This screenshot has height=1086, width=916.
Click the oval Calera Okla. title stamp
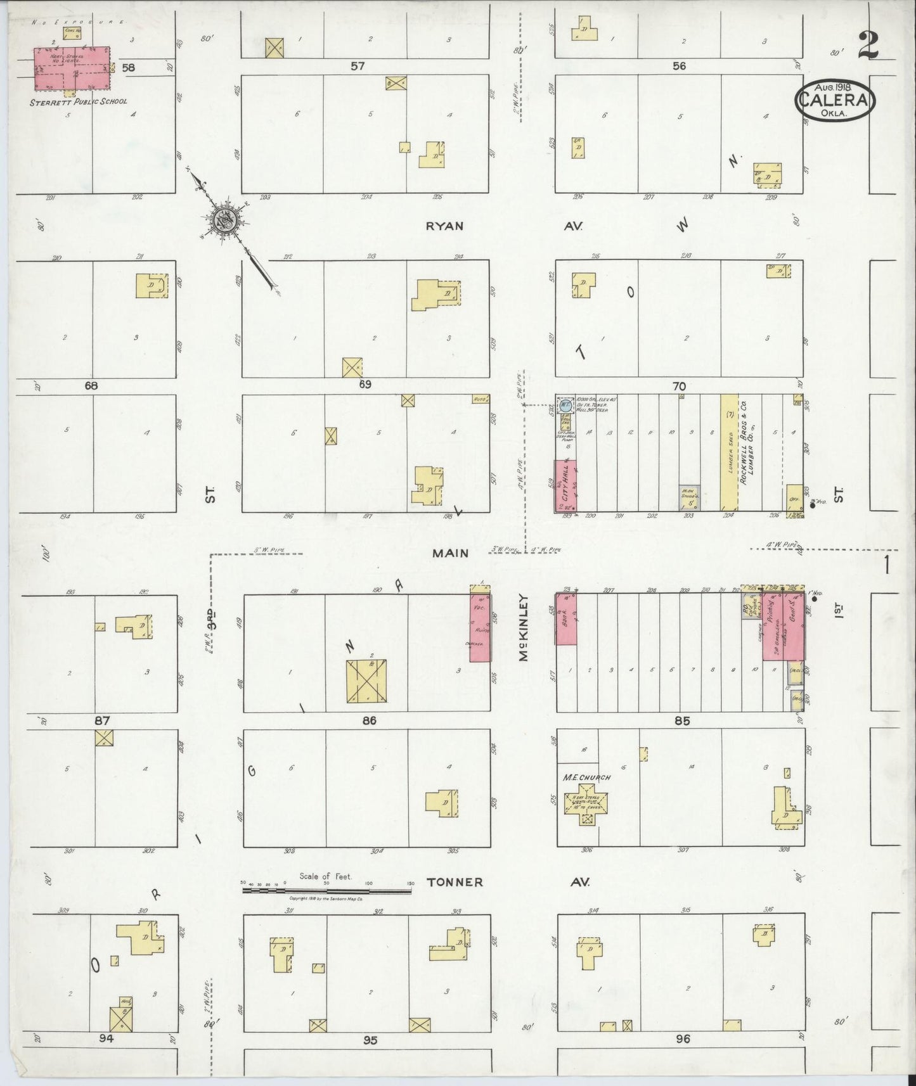click(835, 99)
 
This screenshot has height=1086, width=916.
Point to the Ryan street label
click(444, 226)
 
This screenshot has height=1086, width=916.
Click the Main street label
click(450, 553)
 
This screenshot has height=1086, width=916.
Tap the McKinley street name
click(524, 627)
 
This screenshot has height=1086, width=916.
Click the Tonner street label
click(455, 882)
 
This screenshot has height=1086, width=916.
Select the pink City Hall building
click(566, 486)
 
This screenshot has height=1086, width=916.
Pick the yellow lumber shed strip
click(729, 452)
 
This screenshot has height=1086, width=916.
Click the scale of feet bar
click(326, 890)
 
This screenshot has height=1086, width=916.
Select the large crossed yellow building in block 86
click(366, 681)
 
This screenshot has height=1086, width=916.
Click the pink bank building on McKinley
click(566, 619)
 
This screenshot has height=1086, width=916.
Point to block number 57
click(358, 65)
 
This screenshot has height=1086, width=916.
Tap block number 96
click(682, 1039)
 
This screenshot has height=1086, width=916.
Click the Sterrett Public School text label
click(79, 101)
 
